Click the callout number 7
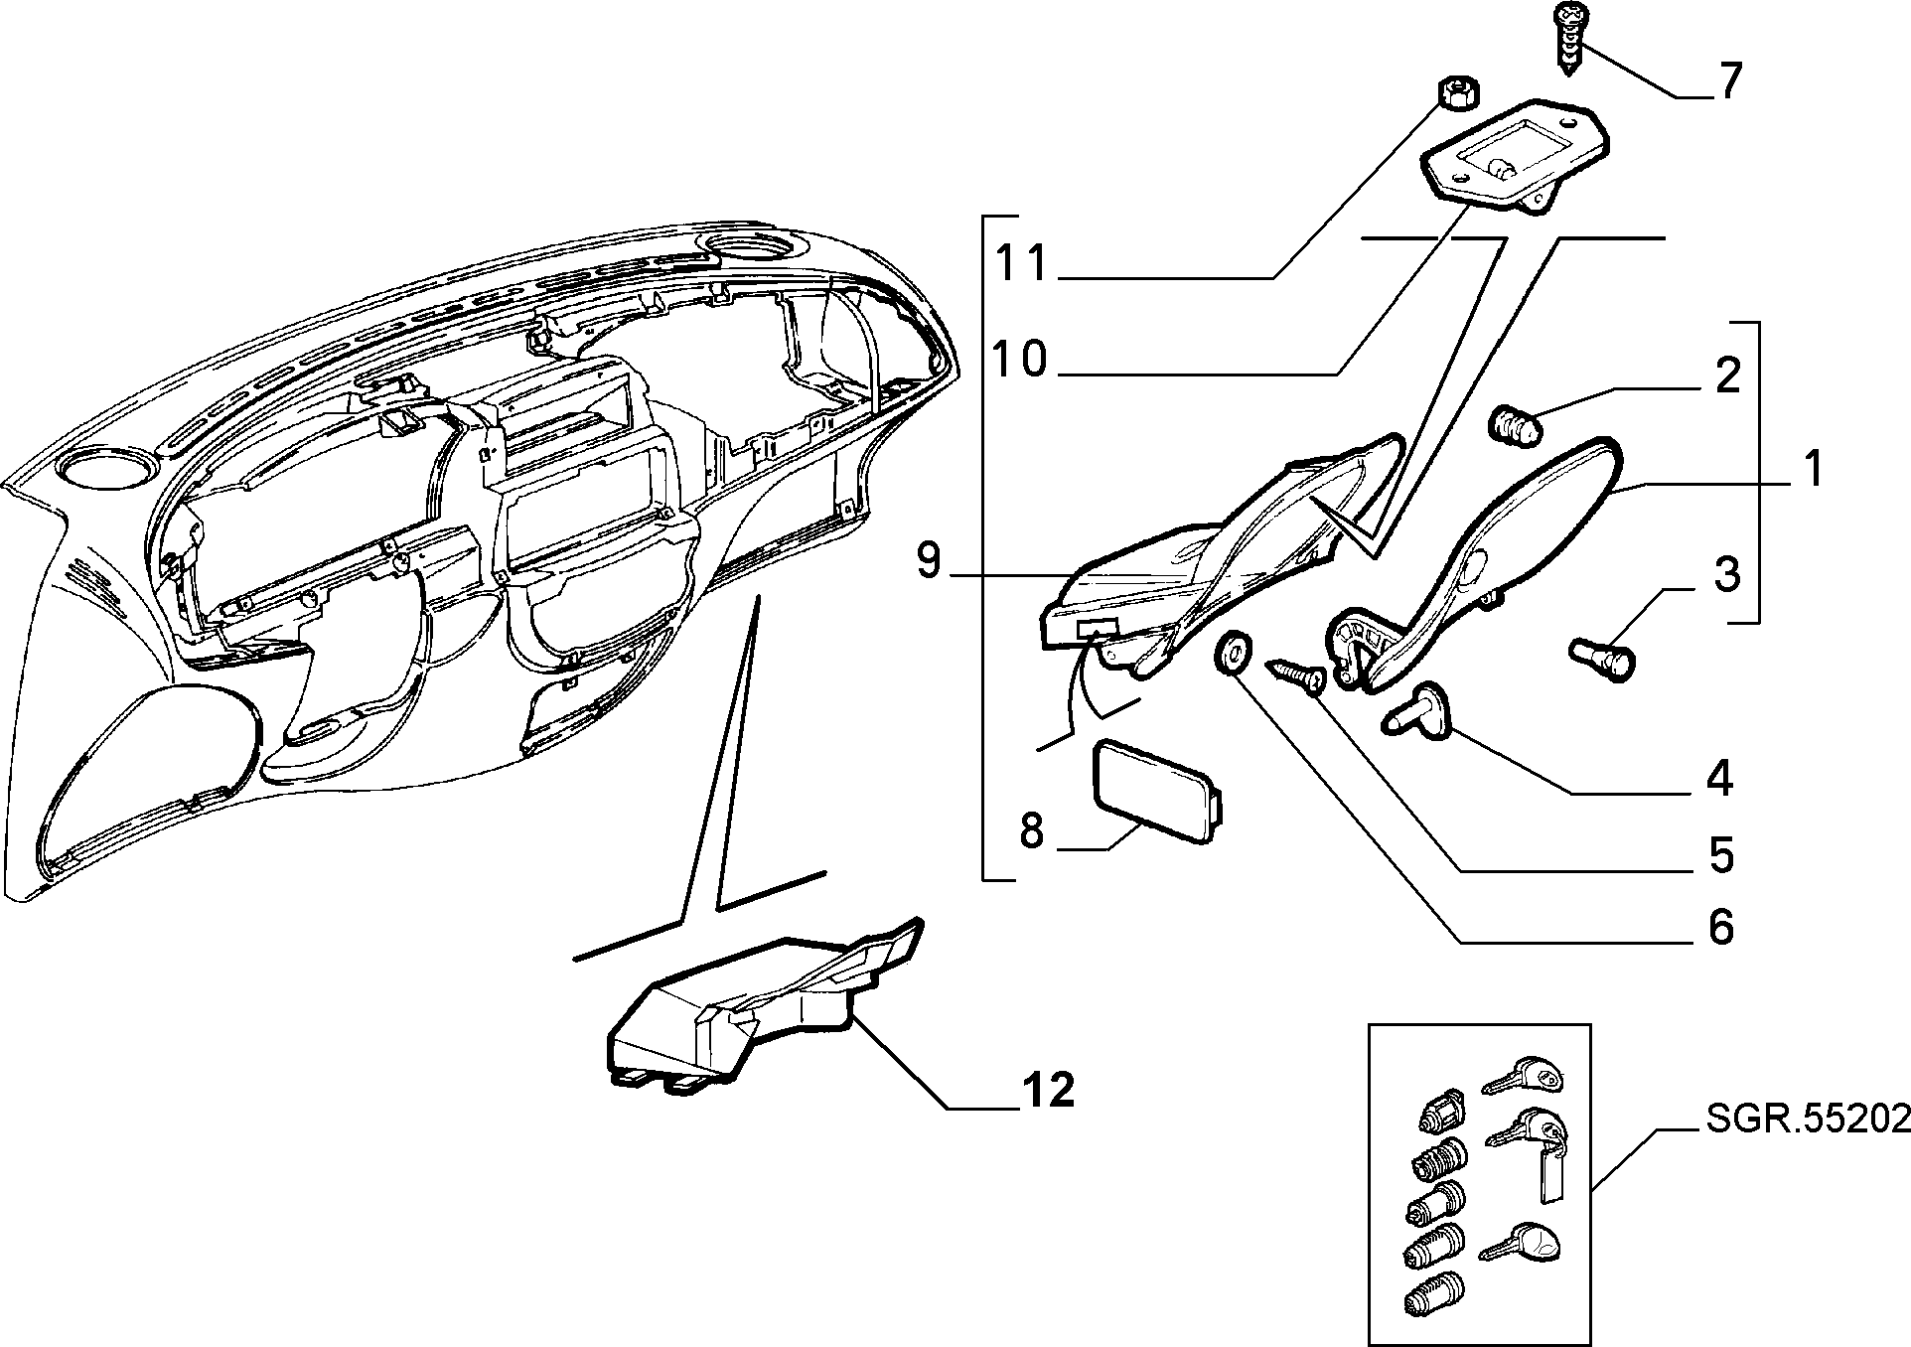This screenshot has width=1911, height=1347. pos(1729,81)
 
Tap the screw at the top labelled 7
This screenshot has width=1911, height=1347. pos(1569,39)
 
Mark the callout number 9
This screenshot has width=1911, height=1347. pos(928,561)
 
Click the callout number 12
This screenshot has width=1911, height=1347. pos(1048,1091)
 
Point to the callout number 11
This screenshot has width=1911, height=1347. pos(1023,264)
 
